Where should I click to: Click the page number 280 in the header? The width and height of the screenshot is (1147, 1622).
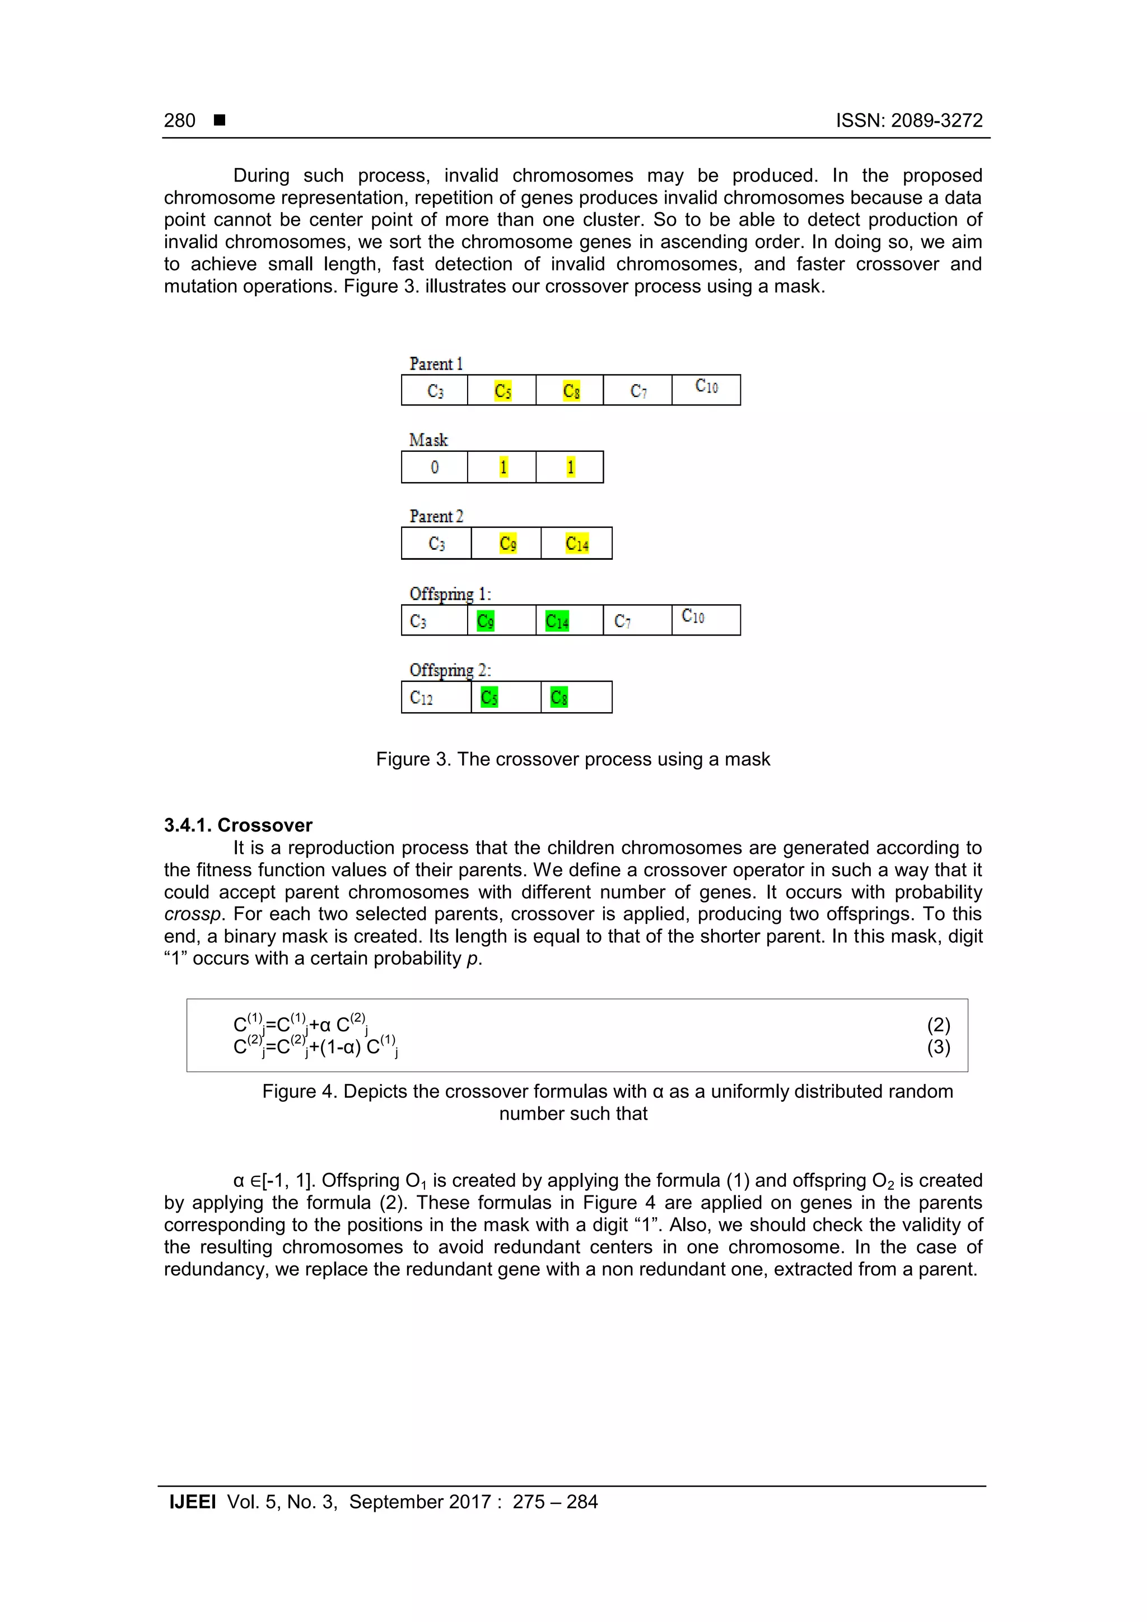tap(180, 121)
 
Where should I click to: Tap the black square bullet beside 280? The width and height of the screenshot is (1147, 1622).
tap(220, 120)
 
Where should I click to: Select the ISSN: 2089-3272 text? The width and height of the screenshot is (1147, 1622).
tap(909, 121)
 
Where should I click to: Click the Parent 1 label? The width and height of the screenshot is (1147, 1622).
tap(435, 364)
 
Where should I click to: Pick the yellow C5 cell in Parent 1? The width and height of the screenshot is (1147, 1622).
tap(502, 391)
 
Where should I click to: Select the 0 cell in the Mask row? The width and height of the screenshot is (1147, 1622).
tap(435, 467)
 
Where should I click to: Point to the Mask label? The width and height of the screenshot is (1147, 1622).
tap(428, 440)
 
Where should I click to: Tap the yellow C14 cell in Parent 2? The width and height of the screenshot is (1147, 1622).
tap(577, 543)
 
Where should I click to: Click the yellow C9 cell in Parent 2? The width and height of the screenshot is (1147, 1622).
tap(507, 543)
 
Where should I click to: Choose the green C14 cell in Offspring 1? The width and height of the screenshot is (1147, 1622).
tap(557, 621)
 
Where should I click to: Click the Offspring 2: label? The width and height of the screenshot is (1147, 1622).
tap(450, 670)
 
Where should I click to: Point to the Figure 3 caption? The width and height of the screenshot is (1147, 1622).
tap(572, 759)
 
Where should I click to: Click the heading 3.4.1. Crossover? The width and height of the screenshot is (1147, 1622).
tap(238, 825)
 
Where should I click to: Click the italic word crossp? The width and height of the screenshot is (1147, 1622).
tap(193, 914)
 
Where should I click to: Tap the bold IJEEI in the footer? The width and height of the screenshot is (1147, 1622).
tap(192, 1502)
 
